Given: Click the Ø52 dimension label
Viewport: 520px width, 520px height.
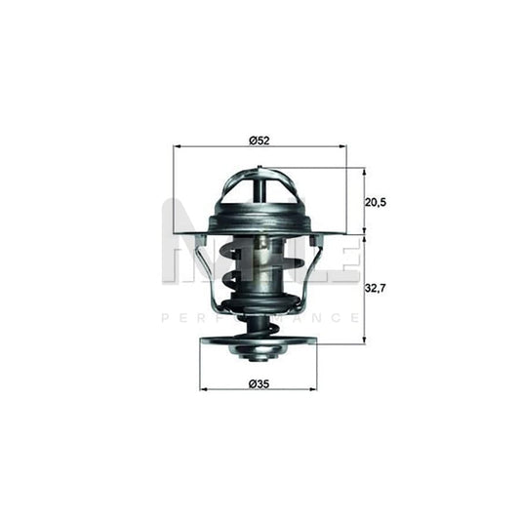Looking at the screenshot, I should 259,140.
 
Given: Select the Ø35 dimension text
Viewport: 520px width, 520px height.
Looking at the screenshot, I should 260,384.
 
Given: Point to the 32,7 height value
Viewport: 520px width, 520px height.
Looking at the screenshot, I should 377,290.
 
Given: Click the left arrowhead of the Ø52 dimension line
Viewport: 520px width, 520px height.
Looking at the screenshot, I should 177,146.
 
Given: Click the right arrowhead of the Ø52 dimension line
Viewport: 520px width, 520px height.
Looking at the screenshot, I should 342,146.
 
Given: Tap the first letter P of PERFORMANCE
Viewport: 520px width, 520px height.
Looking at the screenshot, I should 163,318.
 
